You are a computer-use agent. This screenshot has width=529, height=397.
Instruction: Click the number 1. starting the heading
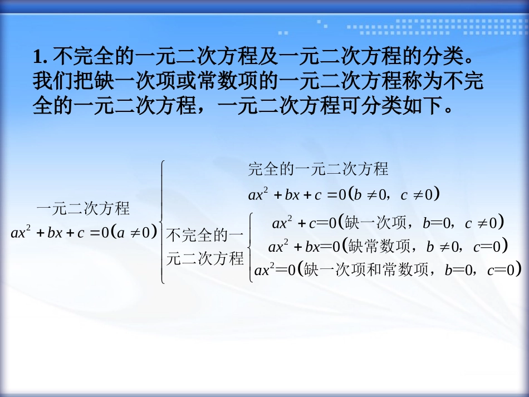[x=41, y=57]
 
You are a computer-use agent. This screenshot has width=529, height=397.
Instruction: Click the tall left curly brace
[x=162, y=222]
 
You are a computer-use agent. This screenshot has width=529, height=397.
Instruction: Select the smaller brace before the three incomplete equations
[x=250, y=246]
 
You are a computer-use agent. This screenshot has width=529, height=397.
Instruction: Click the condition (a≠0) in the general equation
[x=134, y=233]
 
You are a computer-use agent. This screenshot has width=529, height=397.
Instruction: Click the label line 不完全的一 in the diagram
[x=205, y=236]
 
